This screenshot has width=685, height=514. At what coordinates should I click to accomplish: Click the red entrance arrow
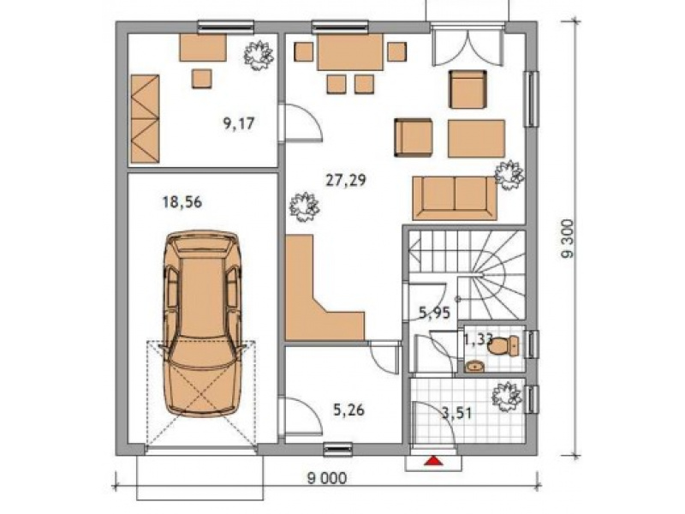tap(432, 460)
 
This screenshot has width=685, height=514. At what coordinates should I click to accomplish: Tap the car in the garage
tap(202, 325)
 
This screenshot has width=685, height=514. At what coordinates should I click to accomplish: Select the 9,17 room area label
tap(239, 123)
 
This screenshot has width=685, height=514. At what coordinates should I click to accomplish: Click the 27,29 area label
tap(346, 180)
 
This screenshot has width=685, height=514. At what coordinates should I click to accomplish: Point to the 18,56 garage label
tap(182, 202)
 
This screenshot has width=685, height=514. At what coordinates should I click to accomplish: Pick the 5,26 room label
tap(348, 410)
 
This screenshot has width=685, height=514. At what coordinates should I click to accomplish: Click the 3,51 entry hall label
tap(457, 413)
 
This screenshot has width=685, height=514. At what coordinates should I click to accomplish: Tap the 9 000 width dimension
tap(327, 478)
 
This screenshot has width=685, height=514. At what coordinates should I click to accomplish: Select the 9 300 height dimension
tap(569, 239)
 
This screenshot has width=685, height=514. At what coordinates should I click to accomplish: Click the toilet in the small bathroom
tap(503, 345)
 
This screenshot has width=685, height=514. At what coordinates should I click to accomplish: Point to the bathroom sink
tap(474, 367)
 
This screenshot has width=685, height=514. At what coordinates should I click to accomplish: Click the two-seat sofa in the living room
tap(455, 198)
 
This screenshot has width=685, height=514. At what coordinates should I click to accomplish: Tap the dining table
tap(350, 52)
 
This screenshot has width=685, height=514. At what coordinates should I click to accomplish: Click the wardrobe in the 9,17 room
tap(145, 118)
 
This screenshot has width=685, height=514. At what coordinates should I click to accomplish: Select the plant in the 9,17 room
tap(259, 55)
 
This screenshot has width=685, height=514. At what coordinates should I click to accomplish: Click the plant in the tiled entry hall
tap(507, 397)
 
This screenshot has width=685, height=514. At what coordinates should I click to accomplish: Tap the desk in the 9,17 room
tap(203, 48)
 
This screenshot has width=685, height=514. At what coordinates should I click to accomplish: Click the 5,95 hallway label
tap(434, 313)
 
